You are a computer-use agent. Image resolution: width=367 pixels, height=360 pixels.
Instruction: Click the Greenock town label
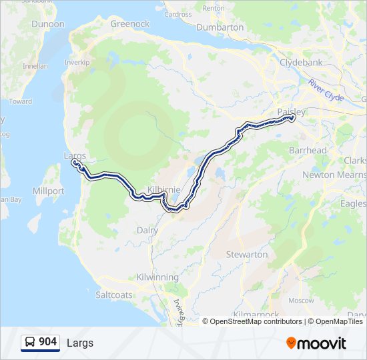pyautogui.click(x=129, y=23)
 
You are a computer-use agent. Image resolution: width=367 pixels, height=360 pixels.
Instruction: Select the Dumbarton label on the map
pyautogui.click(x=220, y=27)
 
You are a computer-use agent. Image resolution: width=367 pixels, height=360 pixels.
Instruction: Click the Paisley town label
pyautogui.click(x=291, y=111)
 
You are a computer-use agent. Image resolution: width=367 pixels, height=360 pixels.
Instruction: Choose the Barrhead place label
pyautogui.click(x=308, y=150)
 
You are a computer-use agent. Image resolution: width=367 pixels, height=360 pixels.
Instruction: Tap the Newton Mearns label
pyautogui.click(x=332, y=175)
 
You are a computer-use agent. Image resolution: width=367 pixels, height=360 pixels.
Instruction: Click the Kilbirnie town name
pyautogui.click(x=163, y=190)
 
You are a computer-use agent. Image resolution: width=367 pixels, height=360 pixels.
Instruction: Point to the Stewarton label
pyautogui.click(x=247, y=254)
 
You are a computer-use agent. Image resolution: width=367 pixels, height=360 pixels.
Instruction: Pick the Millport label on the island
pyautogui.click(x=48, y=191)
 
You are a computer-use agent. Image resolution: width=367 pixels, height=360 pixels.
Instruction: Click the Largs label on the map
pyautogui.click(x=75, y=155)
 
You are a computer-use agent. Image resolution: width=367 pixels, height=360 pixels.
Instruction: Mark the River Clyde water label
pyautogui.click(x=326, y=90)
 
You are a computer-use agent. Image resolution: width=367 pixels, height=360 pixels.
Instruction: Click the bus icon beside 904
pyautogui.click(x=30, y=342)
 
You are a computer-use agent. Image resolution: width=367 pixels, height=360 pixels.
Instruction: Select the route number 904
pyautogui.click(x=47, y=342)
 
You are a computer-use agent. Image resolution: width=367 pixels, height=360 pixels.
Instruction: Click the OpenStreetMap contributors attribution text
pyautogui.click(x=256, y=321)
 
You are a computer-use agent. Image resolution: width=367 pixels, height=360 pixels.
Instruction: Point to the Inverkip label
pyautogui.click(x=77, y=62)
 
